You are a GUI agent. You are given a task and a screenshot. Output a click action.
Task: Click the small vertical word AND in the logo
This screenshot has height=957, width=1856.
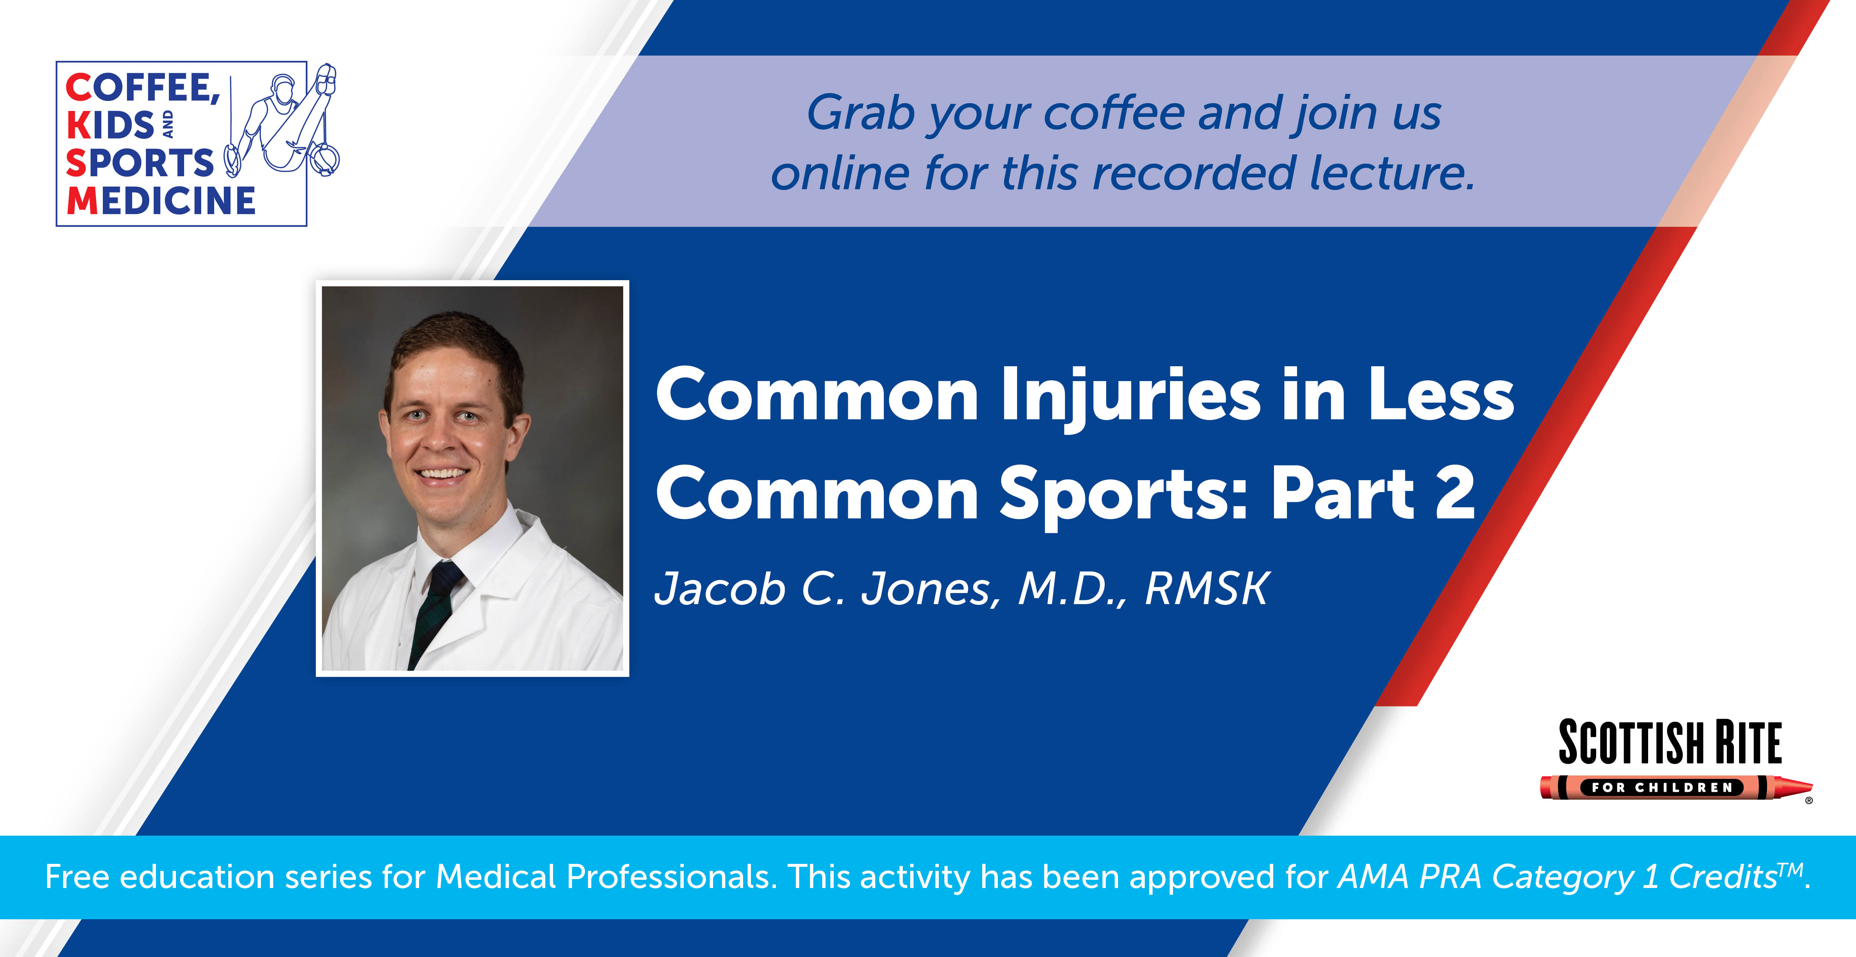168,124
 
